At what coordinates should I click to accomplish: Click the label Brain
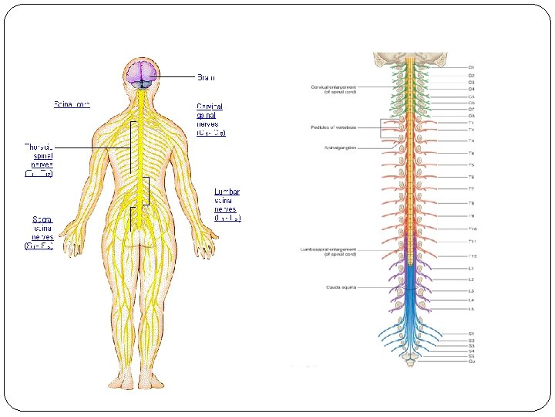click(206, 77)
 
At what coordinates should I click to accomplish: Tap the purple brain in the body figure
click(142, 74)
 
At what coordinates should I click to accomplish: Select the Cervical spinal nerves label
click(211, 119)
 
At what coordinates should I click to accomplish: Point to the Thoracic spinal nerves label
click(39, 158)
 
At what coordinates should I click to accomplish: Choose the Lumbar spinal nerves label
click(228, 205)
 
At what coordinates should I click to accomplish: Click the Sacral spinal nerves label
click(39, 232)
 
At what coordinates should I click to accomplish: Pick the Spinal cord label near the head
click(72, 103)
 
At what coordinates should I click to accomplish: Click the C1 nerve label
click(471, 68)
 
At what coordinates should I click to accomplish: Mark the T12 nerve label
click(473, 256)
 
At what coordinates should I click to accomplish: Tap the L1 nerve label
click(471, 268)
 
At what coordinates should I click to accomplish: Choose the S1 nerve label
click(471, 334)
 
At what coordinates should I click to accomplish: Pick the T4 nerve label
click(471, 153)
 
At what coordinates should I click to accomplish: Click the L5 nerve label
click(471, 309)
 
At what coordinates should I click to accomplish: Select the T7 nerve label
click(471, 189)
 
